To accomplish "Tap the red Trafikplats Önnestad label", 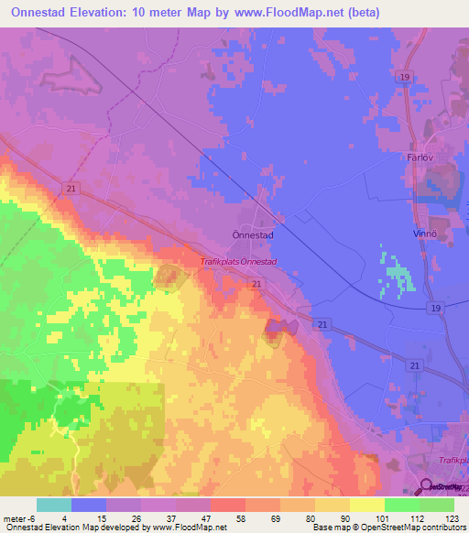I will [x=238, y=263].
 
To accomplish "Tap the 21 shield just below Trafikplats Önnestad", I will [x=257, y=286].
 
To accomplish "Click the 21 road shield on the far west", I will [x=72, y=187].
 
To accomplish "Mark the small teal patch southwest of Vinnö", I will [x=396, y=276].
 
